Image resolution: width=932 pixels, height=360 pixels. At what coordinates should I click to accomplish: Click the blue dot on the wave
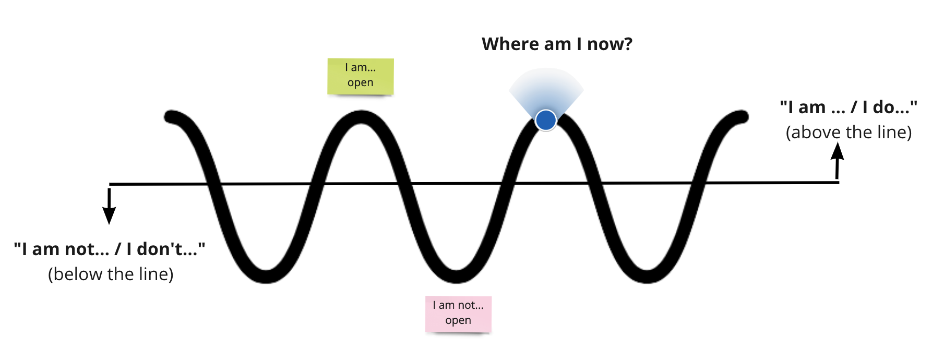(x=546, y=120)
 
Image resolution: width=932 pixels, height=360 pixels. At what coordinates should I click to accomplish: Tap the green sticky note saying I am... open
(x=361, y=76)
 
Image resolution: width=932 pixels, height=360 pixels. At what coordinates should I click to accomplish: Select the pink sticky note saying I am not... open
(x=458, y=314)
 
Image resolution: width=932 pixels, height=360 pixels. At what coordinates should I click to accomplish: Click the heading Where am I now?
(x=557, y=44)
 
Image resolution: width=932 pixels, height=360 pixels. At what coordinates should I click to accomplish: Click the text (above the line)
(x=849, y=133)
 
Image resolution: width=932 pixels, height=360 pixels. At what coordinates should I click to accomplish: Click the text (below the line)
(x=111, y=274)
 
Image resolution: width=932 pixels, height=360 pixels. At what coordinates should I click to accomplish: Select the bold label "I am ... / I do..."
(x=849, y=107)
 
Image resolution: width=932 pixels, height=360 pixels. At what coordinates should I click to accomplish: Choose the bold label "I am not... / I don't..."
(x=110, y=249)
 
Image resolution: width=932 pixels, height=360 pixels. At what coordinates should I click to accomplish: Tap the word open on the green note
(x=361, y=83)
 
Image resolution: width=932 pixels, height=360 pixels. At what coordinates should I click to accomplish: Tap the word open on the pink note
(x=458, y=320)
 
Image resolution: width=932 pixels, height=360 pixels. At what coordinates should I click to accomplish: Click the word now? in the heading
(x=610, y=44)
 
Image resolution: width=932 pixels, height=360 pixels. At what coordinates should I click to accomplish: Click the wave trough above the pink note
(x=457, y=276)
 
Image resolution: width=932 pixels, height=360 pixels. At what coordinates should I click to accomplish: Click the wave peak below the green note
(x=361, y=117)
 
